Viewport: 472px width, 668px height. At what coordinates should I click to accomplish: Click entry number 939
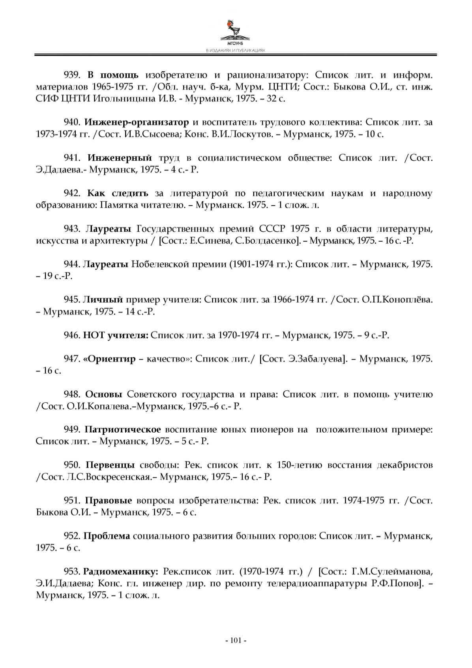coord(72,75)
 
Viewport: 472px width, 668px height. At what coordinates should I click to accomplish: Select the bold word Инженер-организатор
coord(137,122)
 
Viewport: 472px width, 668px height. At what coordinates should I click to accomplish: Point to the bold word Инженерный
coord(120,158)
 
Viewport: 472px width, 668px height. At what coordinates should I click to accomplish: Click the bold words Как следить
coord(118,193)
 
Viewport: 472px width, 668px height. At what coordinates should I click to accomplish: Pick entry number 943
coord(72,229)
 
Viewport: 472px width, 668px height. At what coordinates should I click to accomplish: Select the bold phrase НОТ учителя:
coord(116,335)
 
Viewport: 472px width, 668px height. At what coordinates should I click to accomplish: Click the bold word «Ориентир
coord(109,359)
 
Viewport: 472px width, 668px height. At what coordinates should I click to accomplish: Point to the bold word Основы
coord(104,394)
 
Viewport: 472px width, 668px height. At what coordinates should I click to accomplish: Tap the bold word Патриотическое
coord(123,430)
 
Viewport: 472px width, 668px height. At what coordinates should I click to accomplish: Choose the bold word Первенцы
coord(110,465)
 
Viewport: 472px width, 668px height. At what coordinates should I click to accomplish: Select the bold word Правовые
coord(109,501)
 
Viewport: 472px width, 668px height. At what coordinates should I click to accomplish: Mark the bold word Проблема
coord(107,536)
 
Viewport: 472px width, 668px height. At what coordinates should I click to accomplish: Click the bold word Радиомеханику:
coord(121,572)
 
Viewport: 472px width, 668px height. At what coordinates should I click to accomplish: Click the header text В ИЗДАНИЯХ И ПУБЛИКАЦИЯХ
coord(236,51)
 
